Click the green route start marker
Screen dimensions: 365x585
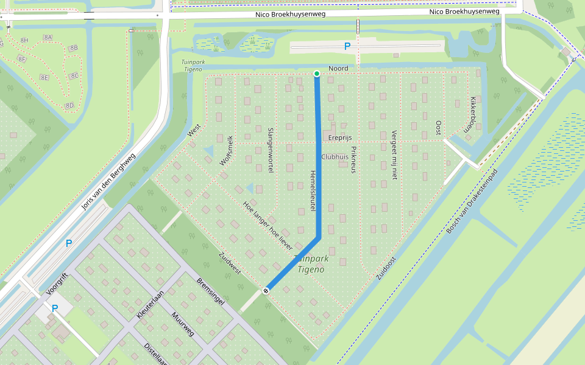pyautogui.click(x=317, y=74)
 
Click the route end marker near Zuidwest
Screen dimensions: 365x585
pyautogui.click(x=266, y=291)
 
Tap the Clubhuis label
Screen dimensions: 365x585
pyautogui.click(x=334, y=156)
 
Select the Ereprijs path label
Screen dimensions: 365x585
pyautogui.click(x=341, y=137)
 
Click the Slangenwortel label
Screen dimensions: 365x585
pyautogui.click(x=271, y=150)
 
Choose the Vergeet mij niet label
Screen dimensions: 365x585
pyautogui.click(x=394, y=155)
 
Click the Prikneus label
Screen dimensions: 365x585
pyautogui.click(x=353, y=159)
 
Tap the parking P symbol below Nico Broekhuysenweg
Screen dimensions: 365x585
pyautogui.click(x=347, y=46)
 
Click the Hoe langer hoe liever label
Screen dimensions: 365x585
pyautogui.click(x=268, y=226)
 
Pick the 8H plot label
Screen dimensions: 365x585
pyautogui.click(x=24, y=40)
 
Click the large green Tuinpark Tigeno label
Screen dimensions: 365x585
pyautogui.click(x=311, y=264)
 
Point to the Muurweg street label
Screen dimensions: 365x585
pyautogui.click(x=183, y=324)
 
